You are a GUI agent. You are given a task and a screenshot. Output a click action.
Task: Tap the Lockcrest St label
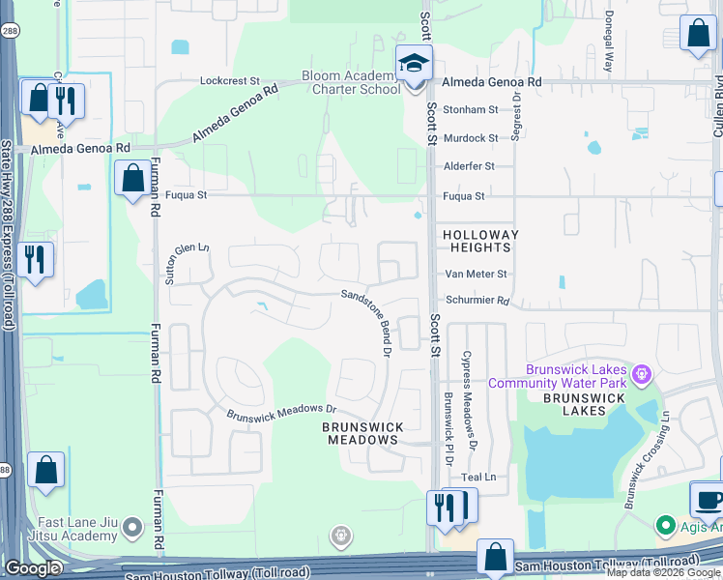229,81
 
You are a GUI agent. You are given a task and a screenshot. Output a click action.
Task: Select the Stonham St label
470,110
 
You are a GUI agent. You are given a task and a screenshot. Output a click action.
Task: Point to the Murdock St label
470,138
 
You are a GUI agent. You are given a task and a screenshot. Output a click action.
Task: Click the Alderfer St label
469,166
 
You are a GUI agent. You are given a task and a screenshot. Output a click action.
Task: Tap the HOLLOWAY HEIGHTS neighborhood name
480,242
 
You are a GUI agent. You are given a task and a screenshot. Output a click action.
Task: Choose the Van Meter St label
475,275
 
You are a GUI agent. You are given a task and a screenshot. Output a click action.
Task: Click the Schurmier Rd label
477,301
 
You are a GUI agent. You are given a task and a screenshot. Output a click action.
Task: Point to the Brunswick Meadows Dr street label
280,413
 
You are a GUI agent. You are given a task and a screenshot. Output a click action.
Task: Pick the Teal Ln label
477,477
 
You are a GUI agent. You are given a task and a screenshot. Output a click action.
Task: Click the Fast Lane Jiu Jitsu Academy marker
133,528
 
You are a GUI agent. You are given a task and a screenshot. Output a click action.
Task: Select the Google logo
31,568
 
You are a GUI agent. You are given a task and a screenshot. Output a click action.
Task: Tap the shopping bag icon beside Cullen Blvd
698,34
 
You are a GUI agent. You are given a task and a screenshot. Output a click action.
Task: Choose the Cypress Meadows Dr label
470,400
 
